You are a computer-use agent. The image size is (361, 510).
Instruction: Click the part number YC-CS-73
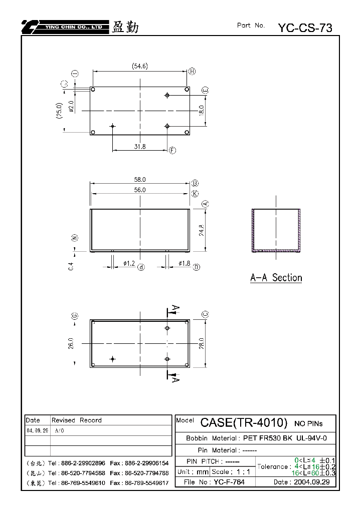coord(305,28)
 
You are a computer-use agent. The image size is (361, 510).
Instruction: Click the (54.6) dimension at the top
coord(140,66)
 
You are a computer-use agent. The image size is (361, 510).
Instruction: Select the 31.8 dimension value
coord(140,146)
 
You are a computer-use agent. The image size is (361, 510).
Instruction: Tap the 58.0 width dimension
coord(140,180)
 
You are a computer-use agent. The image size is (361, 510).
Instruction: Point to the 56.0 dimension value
coord(140,190)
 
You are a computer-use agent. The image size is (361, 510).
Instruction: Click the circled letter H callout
coord(192,71)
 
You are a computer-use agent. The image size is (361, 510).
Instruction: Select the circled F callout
coord(172,150)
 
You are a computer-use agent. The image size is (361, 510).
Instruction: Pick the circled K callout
coord(195,194)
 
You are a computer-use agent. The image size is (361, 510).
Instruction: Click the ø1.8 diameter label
coord(185,263)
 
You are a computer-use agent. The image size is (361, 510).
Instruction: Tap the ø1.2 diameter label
coord(129,263)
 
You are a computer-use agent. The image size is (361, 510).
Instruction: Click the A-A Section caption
coord(276,278)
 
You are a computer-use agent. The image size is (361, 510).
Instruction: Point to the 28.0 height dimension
coord(202,343)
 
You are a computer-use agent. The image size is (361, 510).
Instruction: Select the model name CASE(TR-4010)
coord(244,422)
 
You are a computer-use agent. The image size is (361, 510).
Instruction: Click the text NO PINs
coord(308,423)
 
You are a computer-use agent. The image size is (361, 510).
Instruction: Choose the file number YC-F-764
coord(229,482)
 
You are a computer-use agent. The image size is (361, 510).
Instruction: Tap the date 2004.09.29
coord(312,482)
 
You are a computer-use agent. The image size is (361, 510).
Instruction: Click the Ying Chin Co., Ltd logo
coord(65,27)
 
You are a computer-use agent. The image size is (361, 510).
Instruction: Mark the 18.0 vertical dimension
coord(202,111)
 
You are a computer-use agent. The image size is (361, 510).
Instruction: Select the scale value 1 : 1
coord(243,472)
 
